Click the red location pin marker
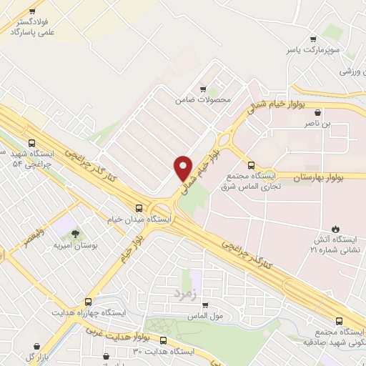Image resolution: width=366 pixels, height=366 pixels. coord(184,168)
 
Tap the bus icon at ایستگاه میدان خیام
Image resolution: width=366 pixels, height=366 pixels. coord(139,208)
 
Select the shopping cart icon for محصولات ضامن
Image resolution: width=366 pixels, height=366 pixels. coord(204,89)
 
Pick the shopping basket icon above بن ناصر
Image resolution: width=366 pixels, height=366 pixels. coord(317,112)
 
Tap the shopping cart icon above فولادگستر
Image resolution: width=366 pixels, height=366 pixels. coord(34,13)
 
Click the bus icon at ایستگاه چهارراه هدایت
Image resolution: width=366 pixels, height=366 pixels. coord(88,302)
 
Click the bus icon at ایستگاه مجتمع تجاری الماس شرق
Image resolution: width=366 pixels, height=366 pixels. coord(250,162)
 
